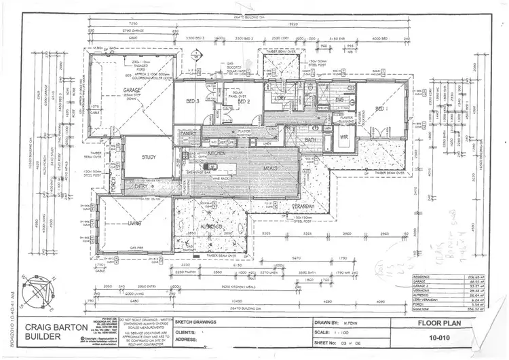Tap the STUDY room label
point(149,157)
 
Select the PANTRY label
point(188,134)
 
